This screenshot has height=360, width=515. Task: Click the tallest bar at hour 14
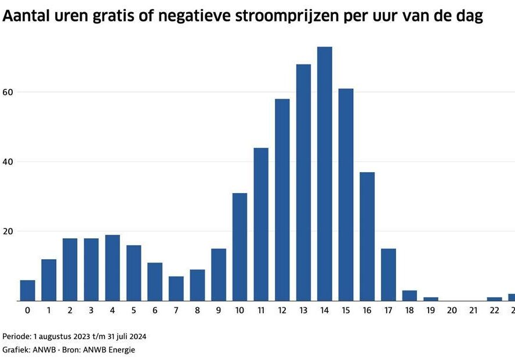click(x=324, y=174)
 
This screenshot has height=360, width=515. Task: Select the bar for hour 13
click(x=303, y=183)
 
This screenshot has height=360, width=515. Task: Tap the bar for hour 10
click(x=240, y=247)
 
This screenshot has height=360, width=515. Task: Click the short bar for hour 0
click(x=27, y=290)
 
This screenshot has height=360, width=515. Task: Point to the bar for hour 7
click(x=176, y=289)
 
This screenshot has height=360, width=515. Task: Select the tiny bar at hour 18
click(x=409, y=296)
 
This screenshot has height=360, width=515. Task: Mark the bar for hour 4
click(x=112, y=268)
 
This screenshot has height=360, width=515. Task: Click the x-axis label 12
click(x=282, y=311)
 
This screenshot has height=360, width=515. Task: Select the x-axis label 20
click(x=452, y=311)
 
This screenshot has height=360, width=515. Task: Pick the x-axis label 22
click(x=494, y=311)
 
